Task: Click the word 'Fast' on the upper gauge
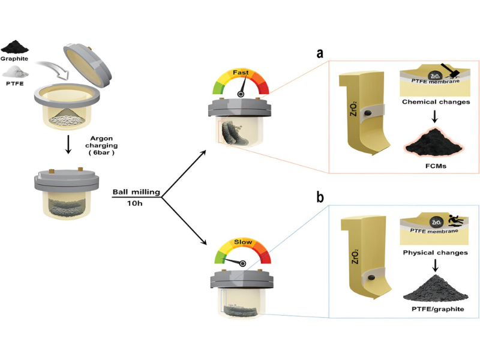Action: [x=241, y=73]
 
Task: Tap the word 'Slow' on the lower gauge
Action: [x=242, y=244]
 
